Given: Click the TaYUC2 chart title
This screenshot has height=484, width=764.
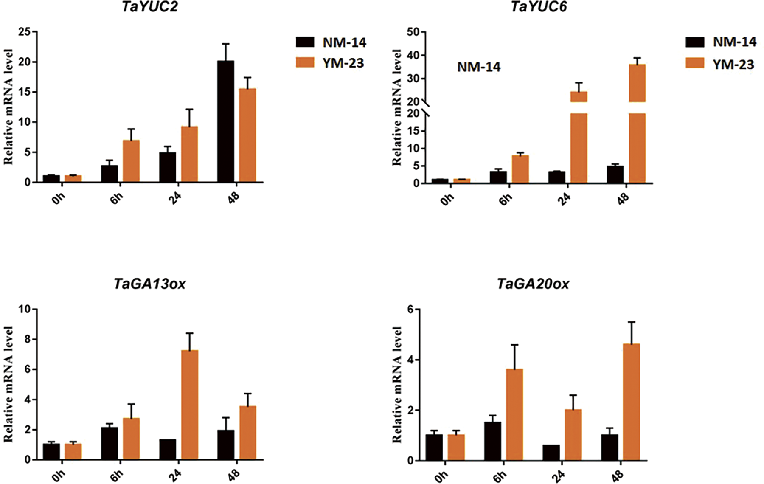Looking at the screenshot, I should pos(149,7).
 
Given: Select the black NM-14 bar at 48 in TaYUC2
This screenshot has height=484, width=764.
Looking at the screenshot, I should pos(225,122).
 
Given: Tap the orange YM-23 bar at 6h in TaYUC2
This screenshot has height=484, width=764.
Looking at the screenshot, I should pos(131,161).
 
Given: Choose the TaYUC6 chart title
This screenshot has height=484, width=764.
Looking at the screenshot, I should pos(539,7).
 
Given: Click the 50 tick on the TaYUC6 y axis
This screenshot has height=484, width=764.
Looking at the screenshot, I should pos(413,32).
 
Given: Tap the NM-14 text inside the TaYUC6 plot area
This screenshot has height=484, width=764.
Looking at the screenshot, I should pos(478,67).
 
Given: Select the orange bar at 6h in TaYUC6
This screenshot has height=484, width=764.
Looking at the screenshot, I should pos(520,169).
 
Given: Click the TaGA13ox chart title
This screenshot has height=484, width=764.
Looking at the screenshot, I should pos(149,284).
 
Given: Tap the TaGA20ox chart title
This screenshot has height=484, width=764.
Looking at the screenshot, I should pos(533,284).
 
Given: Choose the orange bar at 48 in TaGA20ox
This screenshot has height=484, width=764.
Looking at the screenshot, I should pos(631,402).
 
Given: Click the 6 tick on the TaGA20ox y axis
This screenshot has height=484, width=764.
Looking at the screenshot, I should pos(410,310).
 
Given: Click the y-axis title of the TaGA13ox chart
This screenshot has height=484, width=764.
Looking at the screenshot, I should pos(8,384).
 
